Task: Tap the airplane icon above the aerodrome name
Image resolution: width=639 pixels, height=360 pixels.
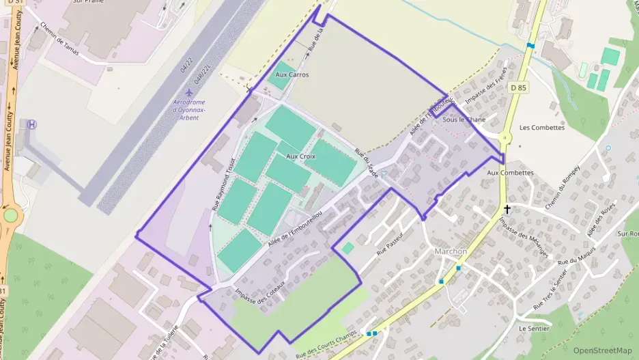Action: tap(190, 92)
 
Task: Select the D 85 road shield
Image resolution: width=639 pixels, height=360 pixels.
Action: tap(518, 87)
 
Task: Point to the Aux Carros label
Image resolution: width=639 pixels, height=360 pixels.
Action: tap(292, 74)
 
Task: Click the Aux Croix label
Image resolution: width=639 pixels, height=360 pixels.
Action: tap(300, 156)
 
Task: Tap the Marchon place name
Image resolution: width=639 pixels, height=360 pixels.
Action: tap(451, 251)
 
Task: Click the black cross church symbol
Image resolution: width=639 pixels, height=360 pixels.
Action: tap(507, 209)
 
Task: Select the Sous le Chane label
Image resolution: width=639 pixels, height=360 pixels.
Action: tap(464, 120)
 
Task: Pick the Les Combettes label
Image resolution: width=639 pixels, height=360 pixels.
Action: tap(542, 128)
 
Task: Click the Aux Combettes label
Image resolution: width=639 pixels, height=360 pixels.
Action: tap(510, 173)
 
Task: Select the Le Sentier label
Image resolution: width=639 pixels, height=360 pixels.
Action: tap(534, 328)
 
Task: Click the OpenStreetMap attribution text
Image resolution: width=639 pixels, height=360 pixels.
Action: tap(602, 350)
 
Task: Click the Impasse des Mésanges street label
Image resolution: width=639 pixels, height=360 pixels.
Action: tap(523, 238)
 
